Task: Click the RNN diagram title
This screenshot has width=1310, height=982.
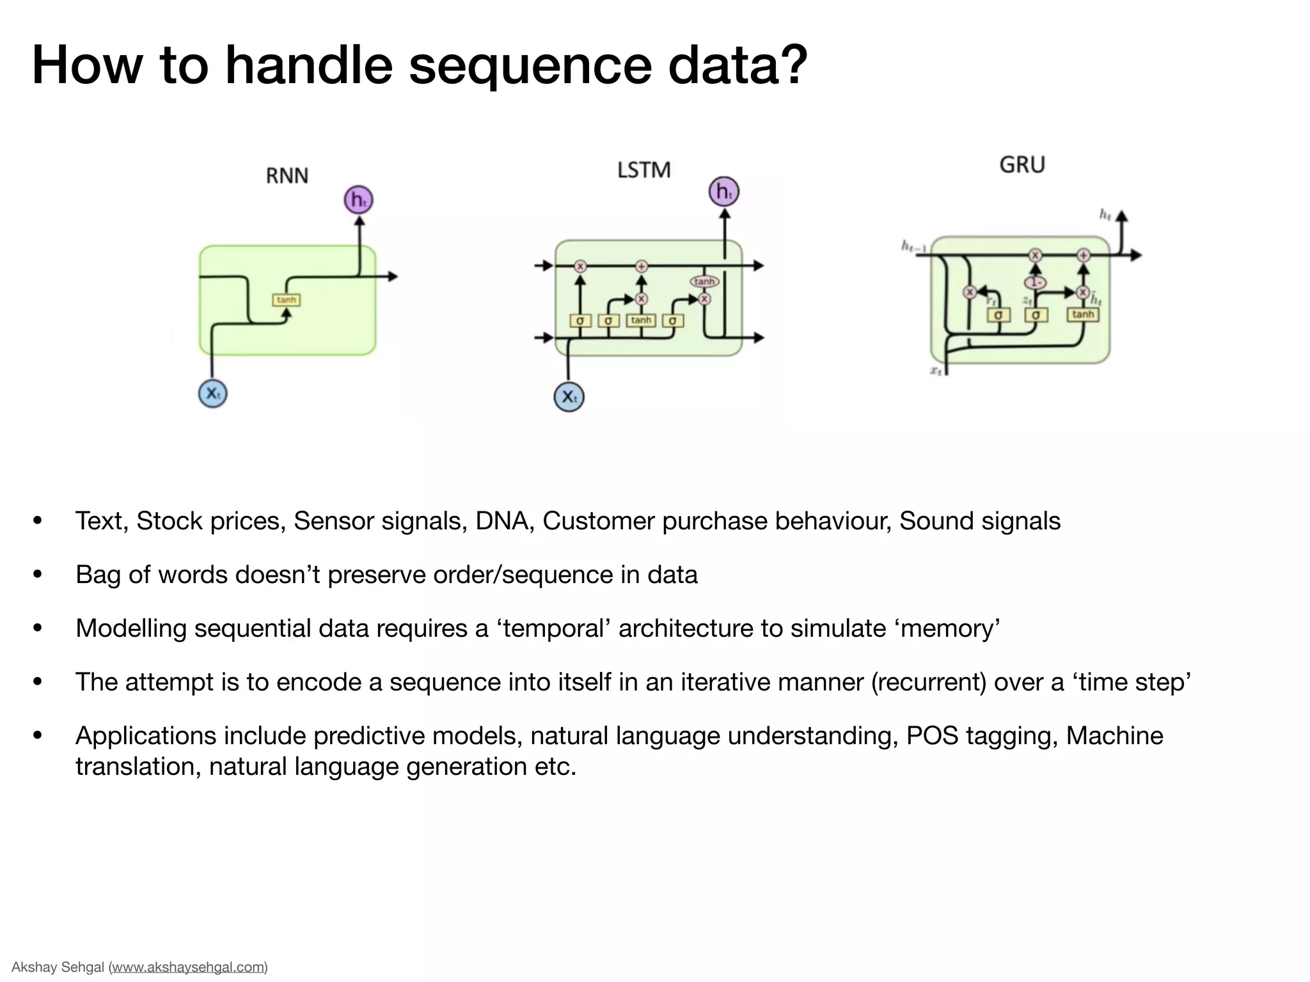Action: (x=287, y=176)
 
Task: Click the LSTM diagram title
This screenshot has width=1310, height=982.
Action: (x=643, y=170)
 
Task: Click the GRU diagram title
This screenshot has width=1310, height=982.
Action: (x=1022, y=165)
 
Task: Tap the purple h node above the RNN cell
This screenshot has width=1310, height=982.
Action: (x=358, y=200)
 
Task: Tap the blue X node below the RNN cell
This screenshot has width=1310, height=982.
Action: (x=212, y=394)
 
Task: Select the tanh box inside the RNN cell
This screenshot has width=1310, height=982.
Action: (x=286, y=300)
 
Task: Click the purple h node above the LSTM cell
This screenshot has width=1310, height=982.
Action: (x=723, y=191)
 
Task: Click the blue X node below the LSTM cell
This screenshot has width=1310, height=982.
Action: (x=568, y=397)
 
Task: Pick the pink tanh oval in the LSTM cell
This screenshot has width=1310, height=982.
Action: (x=704, y=282)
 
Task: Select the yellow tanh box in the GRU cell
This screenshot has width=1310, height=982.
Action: (x=1082, y=315)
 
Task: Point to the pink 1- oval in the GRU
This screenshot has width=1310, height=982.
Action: (x=1034, y=282)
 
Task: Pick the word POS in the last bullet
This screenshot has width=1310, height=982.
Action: (x=932, y=736)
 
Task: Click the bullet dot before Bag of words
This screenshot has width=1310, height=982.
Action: (x=38, y=575)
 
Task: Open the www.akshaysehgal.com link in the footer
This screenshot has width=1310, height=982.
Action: (x=189, y=967)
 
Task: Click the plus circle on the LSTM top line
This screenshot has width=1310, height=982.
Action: (x=641, y=267)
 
